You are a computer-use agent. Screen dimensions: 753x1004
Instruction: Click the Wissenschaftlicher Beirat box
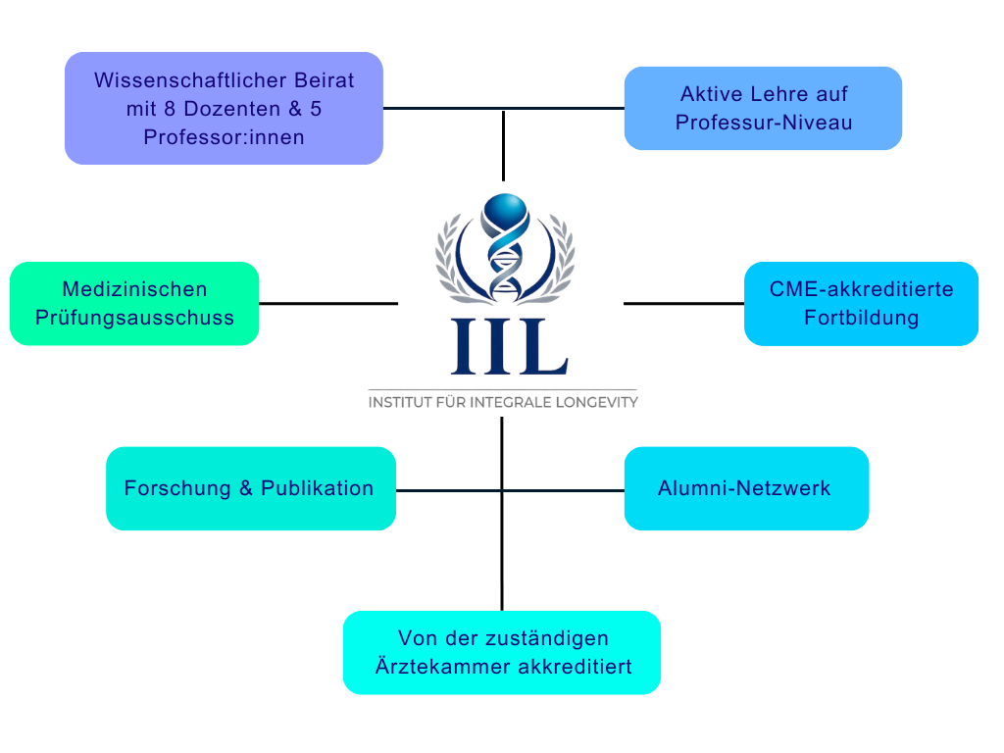click(224, 108)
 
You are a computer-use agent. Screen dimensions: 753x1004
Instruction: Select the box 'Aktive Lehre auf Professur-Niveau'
click(763, 108)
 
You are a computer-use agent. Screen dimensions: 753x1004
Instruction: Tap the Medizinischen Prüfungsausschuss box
click(134, 303)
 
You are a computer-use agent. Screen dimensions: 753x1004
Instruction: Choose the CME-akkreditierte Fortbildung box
click(861, 303)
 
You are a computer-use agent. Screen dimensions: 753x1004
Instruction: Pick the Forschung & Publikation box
click(251, 488)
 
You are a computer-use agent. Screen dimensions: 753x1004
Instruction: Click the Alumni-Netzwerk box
click(745, 488)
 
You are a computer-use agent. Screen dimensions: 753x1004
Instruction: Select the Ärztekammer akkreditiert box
click(501, 652)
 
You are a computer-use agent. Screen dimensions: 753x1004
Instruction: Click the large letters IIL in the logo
click(509, 346)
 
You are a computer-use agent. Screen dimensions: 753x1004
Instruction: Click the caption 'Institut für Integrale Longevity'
click(503, 402)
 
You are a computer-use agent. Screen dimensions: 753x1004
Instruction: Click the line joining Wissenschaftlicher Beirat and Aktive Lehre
click(503, 108)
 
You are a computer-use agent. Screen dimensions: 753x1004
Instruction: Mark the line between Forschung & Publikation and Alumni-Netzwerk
click(510, 490)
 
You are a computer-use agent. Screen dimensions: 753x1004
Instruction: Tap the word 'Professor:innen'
click(224, 137)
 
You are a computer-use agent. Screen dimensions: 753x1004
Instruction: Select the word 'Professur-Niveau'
click(764, 123)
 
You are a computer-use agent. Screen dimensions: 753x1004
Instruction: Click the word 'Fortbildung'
click(861, 318)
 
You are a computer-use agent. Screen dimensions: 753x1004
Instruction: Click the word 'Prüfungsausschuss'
click(134, 318)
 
